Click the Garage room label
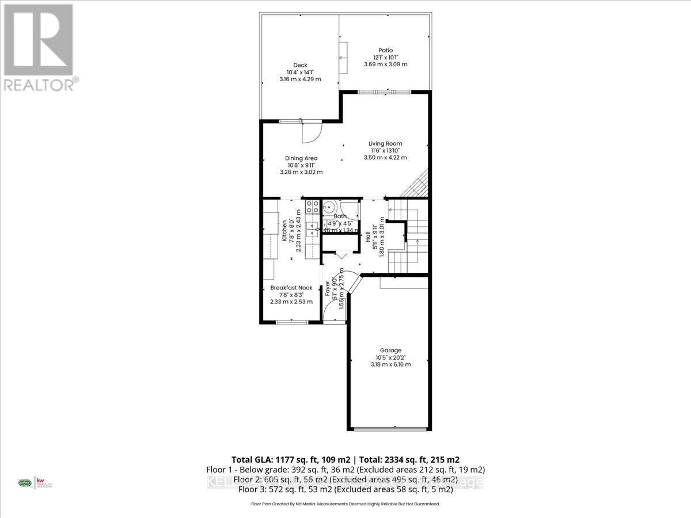[390, 351]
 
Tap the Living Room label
[385, 144]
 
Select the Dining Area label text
[301, 158]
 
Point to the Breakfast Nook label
[291, 288]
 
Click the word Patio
[385, 50]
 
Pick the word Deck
[300, 65]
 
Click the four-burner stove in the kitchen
[312, 207]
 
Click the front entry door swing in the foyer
[333, 311]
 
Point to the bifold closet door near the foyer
[340, 255]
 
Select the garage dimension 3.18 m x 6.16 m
[390, 364]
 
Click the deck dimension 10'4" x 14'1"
[300, 72]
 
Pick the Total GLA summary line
[345, 459]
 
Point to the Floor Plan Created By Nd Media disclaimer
[345, 504]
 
